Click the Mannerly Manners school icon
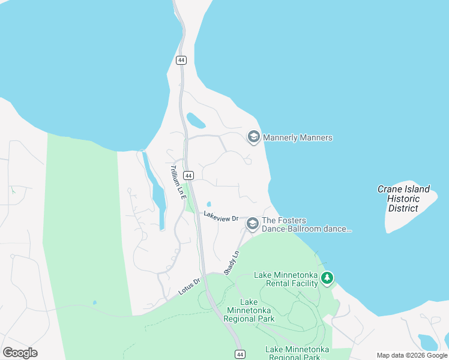253,137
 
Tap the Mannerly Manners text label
297,138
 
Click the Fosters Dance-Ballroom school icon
253,224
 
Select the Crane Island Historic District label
403,199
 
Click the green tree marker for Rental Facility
327,278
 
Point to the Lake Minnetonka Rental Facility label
286,279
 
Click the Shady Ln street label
232,263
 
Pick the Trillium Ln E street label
175,182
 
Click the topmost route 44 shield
181,60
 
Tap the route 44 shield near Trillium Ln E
188,175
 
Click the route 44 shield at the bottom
239,355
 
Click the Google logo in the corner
20,353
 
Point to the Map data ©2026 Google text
411,355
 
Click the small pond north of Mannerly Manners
196,120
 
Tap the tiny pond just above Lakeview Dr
209,204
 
